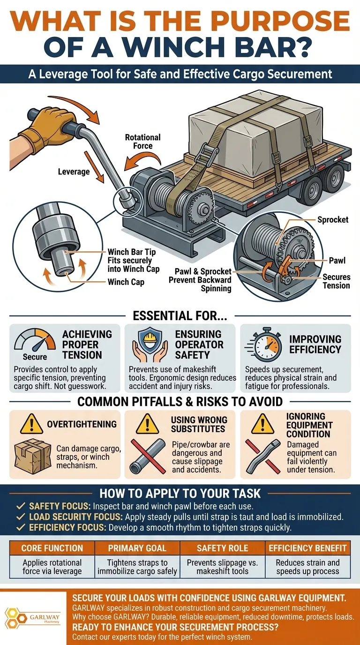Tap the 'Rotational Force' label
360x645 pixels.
[142, 142]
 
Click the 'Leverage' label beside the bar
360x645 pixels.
[74, 172]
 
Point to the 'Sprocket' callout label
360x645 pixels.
[333, 220]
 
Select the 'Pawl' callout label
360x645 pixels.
[337, 260]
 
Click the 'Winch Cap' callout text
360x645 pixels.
[126, 282]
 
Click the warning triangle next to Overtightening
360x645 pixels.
[32, 424]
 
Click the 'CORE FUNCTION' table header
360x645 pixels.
[52, 547]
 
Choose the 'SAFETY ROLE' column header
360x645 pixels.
[222, 547]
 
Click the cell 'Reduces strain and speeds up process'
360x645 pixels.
[307, 567]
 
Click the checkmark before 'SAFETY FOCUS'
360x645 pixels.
[21, 507]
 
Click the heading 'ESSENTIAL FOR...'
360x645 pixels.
[180, 315]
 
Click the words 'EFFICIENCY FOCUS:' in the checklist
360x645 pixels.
[67, 527]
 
